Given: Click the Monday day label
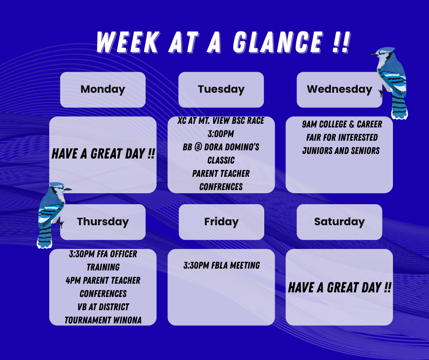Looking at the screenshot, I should coord(103,89).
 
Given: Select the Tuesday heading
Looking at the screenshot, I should coord(221,89).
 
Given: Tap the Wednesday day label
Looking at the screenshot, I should coord(339,89).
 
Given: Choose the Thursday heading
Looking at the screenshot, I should coord(103,222).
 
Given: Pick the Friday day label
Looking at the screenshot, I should coord(221,222).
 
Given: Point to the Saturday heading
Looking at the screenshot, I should coord(339,222).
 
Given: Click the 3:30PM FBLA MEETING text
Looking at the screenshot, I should coord(221,265).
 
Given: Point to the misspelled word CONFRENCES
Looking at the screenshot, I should coord(221,186).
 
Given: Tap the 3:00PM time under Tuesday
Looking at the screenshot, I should coord(221,134).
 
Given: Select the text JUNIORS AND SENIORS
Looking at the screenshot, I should coord(341,150).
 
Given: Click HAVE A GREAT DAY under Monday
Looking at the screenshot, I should coord(103,154).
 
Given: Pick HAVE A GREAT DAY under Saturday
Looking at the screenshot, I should coord(340,287).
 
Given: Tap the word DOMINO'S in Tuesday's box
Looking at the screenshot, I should coord(241,147).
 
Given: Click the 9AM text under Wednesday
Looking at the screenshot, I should coord(310,124).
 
